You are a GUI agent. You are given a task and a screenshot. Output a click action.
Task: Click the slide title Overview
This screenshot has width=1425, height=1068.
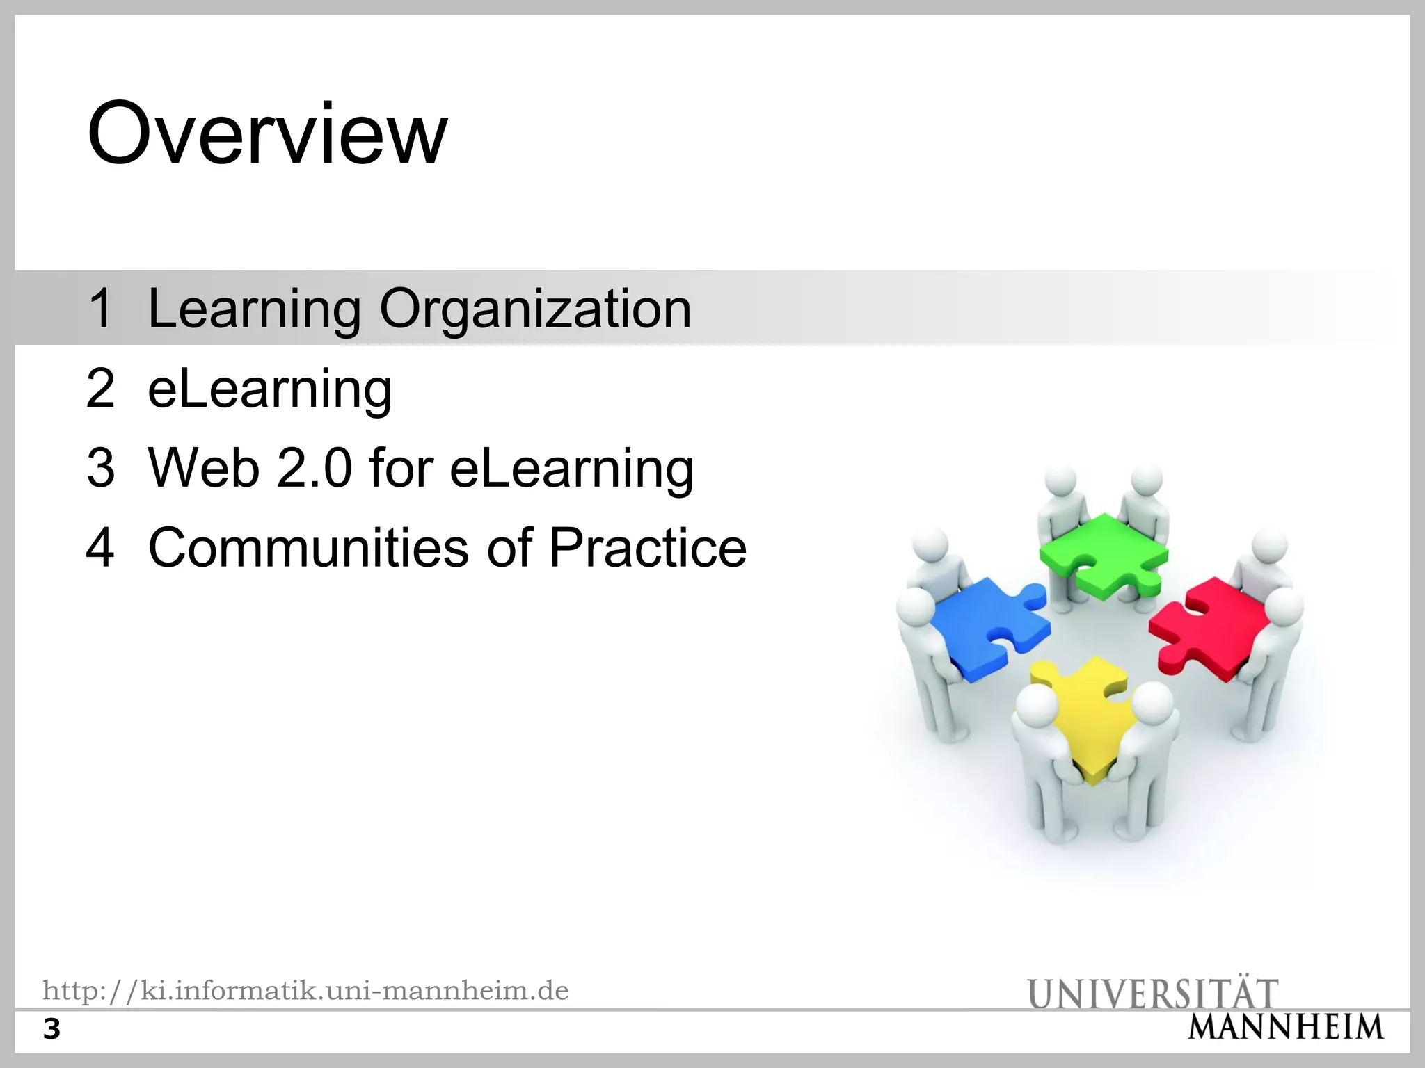(x=267, y=133)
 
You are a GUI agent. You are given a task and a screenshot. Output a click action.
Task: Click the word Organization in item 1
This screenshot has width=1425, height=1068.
(x=535, y=309)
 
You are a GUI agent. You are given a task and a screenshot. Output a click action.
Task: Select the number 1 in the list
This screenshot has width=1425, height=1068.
(x=101, y=309)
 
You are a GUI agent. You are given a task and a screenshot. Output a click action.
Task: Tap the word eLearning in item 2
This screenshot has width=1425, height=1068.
(x=270, y=389)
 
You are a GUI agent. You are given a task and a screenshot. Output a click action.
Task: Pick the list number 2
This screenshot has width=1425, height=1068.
(x=101, y=389)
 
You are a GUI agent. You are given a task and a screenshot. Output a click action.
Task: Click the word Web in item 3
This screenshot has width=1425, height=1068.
(x=203, y=468)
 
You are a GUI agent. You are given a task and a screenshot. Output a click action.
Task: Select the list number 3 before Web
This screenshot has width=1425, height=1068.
(x=101, y=468)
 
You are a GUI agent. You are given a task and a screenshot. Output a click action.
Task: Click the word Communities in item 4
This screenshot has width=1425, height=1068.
(x=308, y=548)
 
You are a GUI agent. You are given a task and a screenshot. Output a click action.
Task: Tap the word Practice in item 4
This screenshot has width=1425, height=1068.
(x=648, y=548)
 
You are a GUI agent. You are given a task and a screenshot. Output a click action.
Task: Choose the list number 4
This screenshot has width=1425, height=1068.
(x=101, y=548)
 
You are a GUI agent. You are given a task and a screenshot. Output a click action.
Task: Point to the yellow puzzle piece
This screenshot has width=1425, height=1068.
(x=1089, y=716)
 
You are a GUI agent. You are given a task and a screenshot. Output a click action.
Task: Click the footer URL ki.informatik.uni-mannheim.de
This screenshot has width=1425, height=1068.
(x=305, y=990)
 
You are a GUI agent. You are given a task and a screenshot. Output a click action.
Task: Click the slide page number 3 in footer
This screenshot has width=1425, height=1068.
(x=52, y=1029)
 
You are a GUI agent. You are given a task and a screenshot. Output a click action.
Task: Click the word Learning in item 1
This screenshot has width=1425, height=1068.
(x=255, y=309)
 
